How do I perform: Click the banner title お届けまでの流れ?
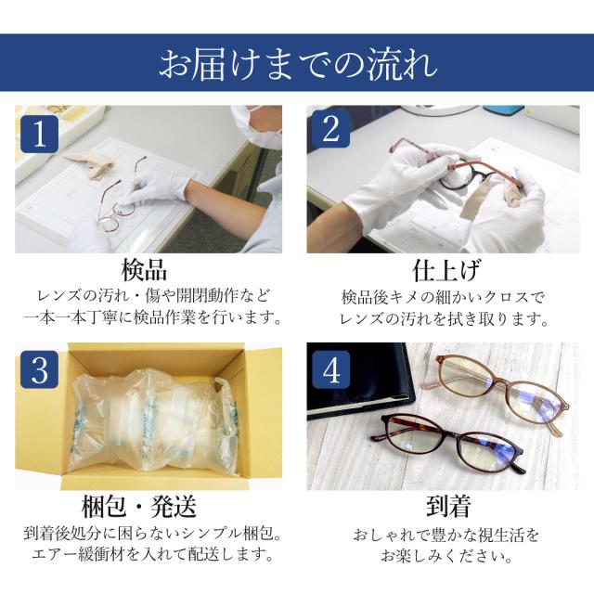(x=298, y=64)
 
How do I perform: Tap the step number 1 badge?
(x=39, y=134)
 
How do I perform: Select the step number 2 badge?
(x=330, y=128)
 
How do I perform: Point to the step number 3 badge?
(x=39, y=369)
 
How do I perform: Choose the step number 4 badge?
(x=330, y=369)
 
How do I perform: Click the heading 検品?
(x=144, y=270)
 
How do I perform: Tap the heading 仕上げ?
(x=446, y=270)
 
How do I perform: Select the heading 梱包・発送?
(x=139, y=507)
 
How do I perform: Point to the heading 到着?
(x=448, y=506)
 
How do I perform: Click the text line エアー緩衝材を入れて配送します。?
(x=153, y=555)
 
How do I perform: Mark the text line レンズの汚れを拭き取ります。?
(x=444, y=319)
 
